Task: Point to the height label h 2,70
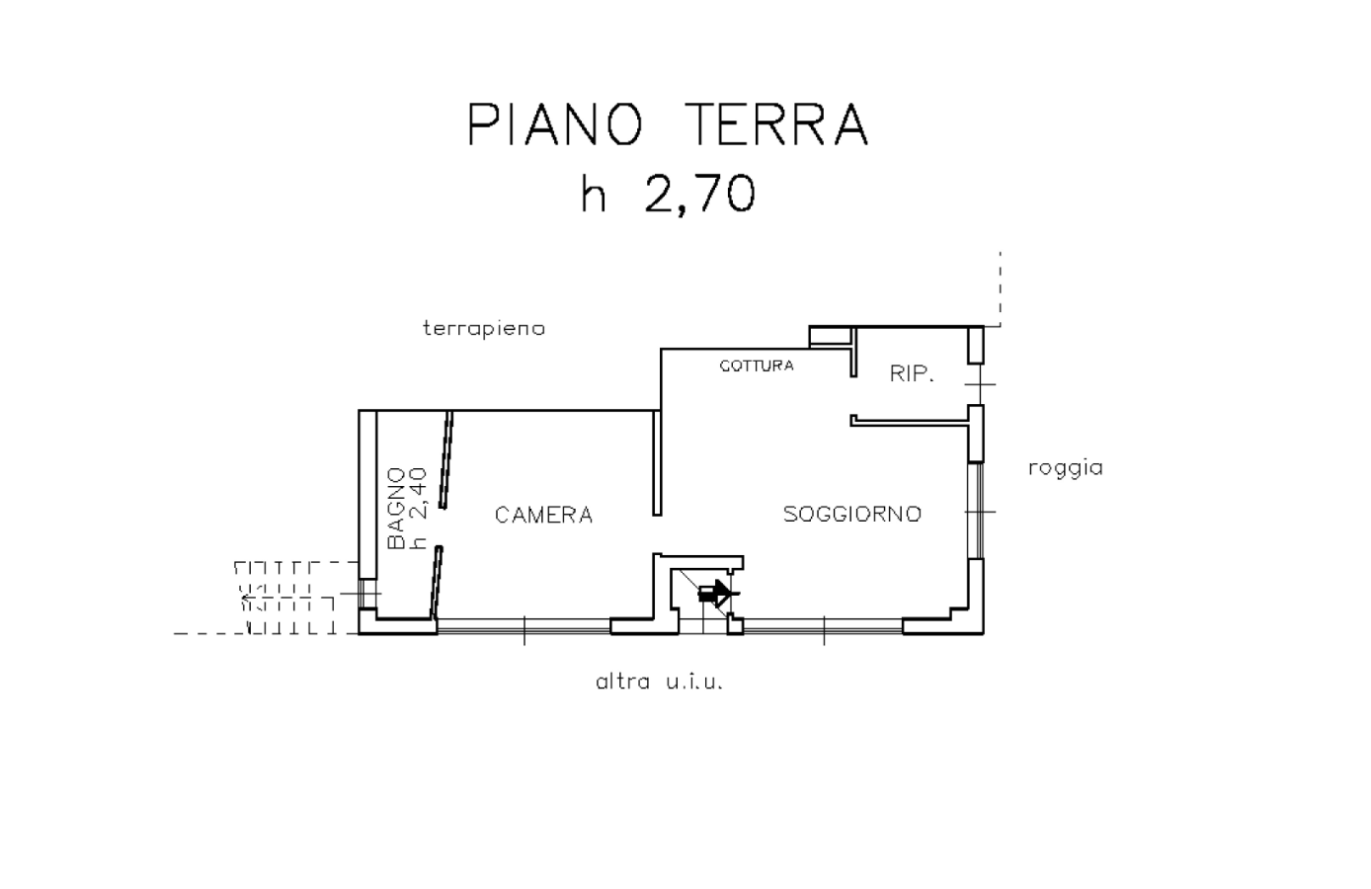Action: pos(668,194)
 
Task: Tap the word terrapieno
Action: pos(484,328)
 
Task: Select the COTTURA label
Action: pos(756,365)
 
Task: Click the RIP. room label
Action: pos(912,374)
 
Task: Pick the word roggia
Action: pos(1065,468)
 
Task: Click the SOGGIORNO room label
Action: pos(851,514)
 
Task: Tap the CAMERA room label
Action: pos(543,515)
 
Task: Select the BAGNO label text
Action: pos(396,509)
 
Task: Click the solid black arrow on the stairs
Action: pos(714,594)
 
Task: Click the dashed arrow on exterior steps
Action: pos(249,597)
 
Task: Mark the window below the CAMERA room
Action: pos(524,625)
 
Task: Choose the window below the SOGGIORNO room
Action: pos(823,625)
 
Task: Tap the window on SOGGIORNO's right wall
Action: pos(976,511)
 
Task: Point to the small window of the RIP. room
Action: pos(976,383)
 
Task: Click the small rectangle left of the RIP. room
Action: pos(829,337)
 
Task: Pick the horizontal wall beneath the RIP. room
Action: pos(909,421)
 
